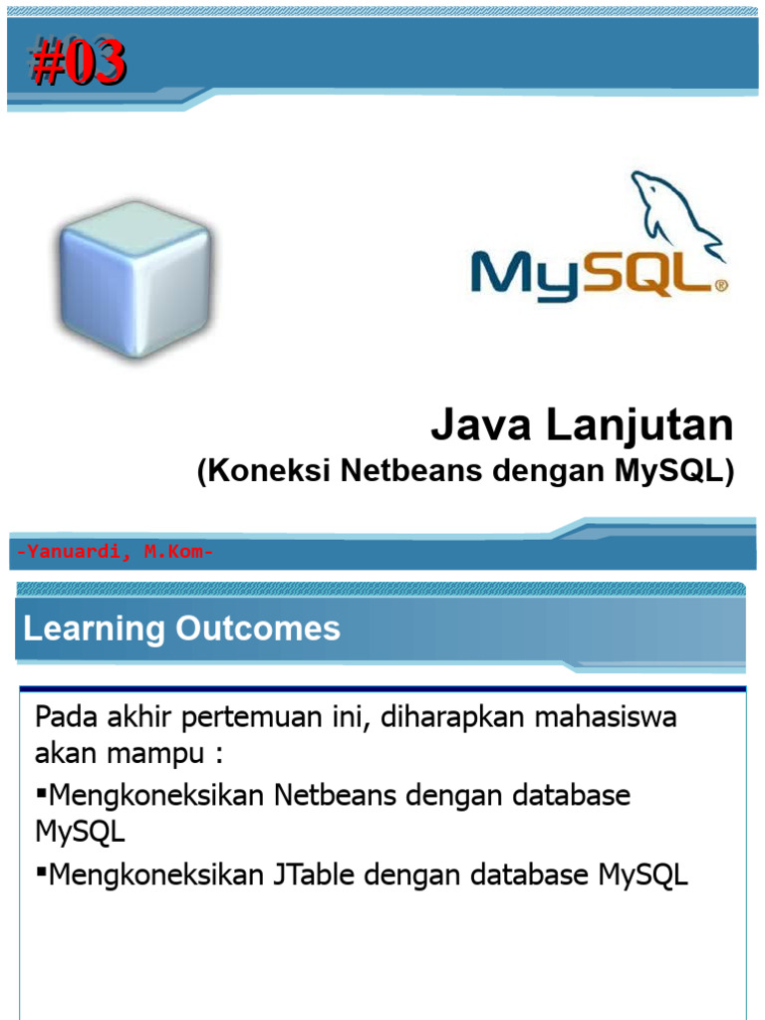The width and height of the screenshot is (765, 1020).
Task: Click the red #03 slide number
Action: click(x=78, y=62)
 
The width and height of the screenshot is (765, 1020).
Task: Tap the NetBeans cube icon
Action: click(x=133, y=277)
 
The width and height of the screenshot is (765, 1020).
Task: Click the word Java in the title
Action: click(x=481, y=426)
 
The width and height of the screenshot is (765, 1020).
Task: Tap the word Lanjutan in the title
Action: click(x=638, y=426)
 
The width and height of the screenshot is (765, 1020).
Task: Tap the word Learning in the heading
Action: click(x=94, y=629)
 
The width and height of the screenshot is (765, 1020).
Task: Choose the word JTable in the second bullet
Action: click(x=317, y=876)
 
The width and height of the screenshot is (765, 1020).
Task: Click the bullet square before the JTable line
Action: click(x=42, y=874)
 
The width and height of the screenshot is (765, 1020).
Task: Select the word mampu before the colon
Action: click(x=161, y=751)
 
